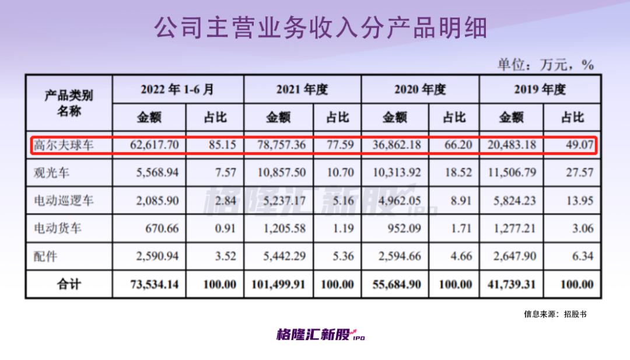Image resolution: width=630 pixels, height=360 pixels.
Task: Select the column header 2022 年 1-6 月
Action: click(x=177, y=89)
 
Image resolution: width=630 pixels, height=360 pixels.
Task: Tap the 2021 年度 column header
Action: click(x=302, y=89)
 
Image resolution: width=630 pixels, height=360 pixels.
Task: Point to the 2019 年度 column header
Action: click(x=540, y=89)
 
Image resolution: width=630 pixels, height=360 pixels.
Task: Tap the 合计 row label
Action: click(x=69, y=285)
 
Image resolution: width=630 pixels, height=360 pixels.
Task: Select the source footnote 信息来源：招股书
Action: click(x=555, y=314)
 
